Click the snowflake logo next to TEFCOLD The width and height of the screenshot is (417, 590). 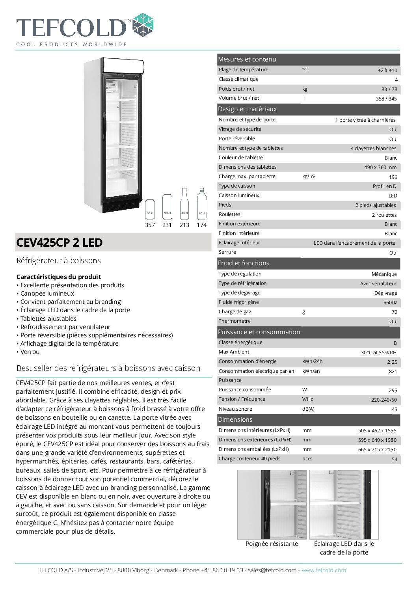142,25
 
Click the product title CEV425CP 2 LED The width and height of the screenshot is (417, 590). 60,243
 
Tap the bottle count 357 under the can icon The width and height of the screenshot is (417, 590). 150,225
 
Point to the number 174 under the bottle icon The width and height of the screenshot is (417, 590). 201,225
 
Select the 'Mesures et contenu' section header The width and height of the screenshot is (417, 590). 247,60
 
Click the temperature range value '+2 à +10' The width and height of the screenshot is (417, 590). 387,71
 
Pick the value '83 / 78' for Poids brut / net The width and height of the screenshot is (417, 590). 389,89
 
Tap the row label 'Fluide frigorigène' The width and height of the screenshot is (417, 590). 239,302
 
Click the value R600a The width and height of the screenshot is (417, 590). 390,303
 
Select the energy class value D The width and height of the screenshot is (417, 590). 395,343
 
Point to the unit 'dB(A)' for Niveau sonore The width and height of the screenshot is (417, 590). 308,409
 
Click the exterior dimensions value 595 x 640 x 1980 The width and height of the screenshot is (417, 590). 377,440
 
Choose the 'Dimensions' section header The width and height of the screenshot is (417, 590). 235,420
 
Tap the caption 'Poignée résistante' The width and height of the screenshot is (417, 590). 272,544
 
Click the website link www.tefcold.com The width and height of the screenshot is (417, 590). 324,570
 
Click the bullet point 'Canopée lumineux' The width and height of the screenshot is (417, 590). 47,294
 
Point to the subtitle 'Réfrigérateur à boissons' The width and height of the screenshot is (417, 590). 59,261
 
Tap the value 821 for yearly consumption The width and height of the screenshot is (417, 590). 393,372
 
